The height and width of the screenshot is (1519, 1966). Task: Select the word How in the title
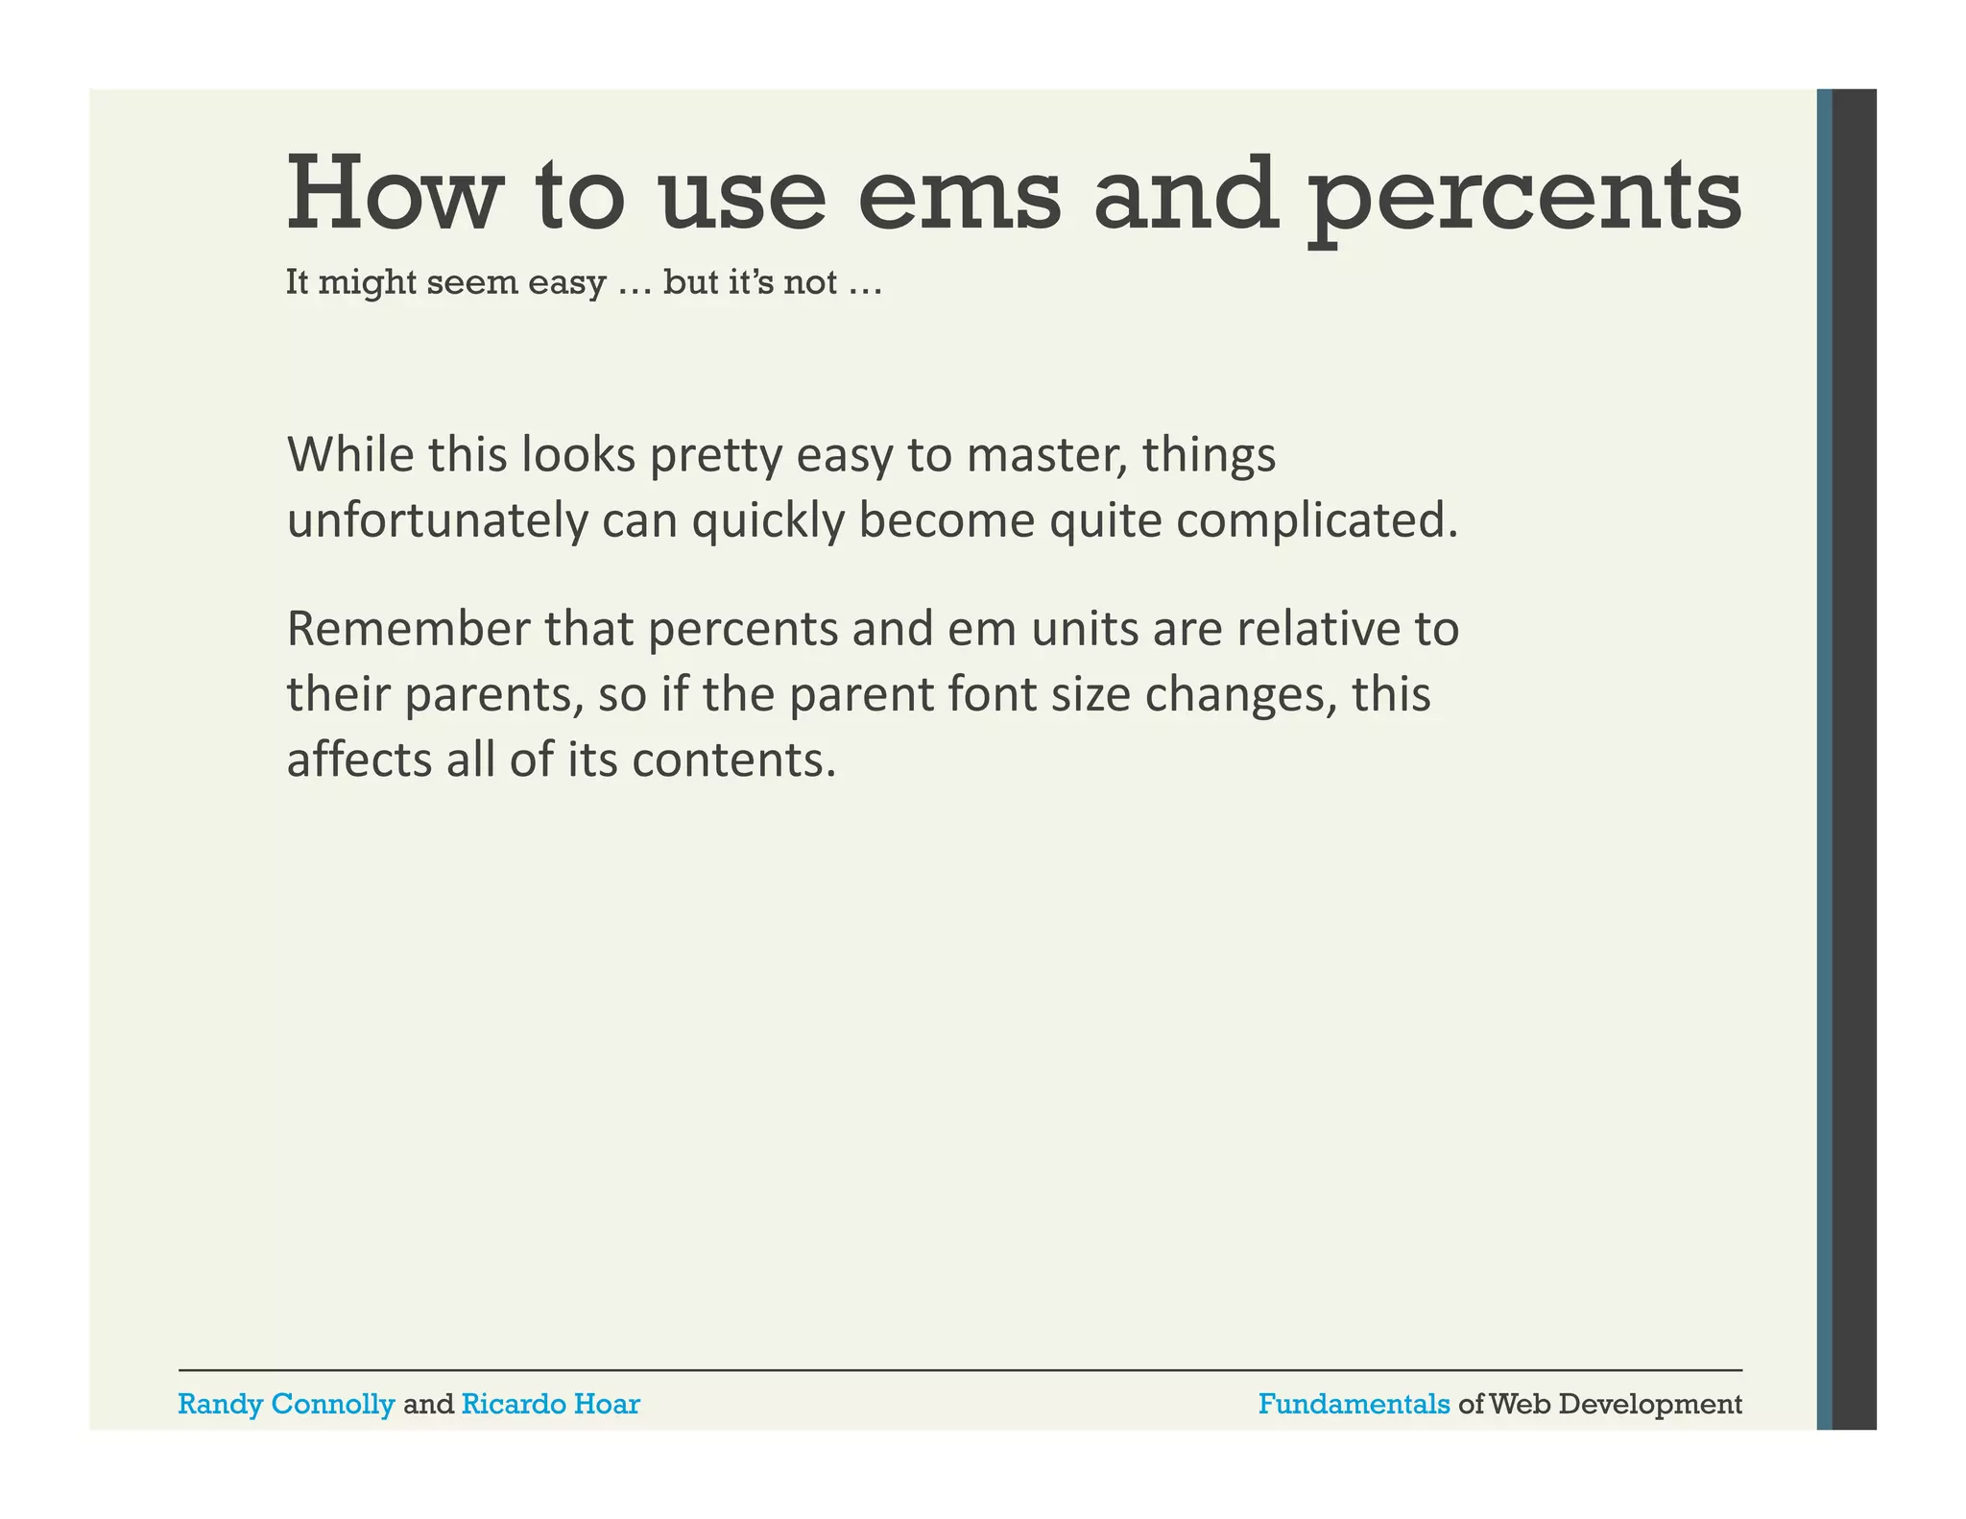point(395,196)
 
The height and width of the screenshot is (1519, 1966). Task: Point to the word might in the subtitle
point(366,283)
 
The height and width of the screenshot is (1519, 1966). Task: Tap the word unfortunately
point(437,521)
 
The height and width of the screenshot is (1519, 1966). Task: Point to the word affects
point(359,759)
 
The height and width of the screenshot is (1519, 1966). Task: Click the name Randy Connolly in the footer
point(286,1404)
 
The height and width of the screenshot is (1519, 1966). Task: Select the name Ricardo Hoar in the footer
point(550,1404)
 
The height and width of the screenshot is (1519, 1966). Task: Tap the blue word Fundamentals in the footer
point(1354,1404)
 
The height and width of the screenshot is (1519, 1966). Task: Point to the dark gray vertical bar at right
point(1854,759)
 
